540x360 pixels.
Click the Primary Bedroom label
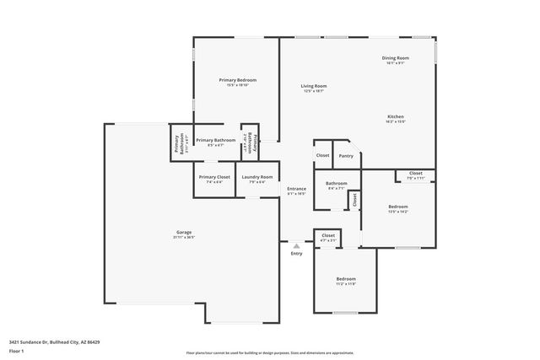[237, 80]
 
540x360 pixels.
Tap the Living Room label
[314, 86]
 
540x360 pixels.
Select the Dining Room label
[396, 57]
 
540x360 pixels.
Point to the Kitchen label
[396, 116]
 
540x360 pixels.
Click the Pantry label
[346, 156]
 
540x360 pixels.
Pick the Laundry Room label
[257, 177]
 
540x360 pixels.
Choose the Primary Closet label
[211, 177]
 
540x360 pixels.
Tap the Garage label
[184, 232]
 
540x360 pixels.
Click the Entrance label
[296, 189]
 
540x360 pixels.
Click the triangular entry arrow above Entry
[296, 246]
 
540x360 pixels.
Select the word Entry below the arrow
[296, 254]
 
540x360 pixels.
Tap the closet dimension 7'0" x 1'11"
[415, 178]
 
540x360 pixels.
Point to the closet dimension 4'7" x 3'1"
[328, 240]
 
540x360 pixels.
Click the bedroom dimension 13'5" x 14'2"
[397, 212]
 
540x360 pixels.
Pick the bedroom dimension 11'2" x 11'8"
[346, 284]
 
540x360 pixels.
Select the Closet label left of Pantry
[322, 156]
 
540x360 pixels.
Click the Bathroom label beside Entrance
[337, 183]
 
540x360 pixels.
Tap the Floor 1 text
[17, 350]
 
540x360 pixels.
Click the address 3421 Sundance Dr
[54, 342]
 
